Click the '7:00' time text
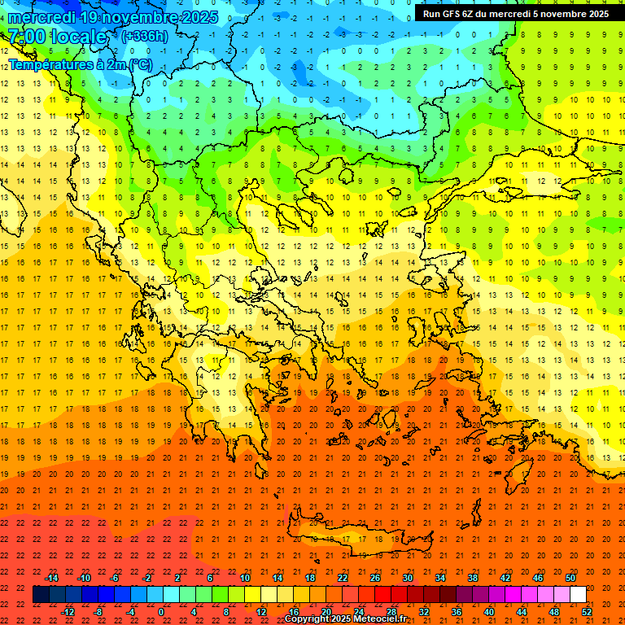tap(26, 37)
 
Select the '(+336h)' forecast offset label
tap(144, 37)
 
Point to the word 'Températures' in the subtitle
tap(46, 64)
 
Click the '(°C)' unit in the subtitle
tap(140, 64)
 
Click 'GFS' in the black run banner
tap(452, 14)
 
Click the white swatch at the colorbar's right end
tap(579, 595)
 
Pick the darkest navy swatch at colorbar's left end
tap(41, 595)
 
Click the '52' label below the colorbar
tap(588, 612)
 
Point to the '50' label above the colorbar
tap(570, 578)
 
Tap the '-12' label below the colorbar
tap(68, 612)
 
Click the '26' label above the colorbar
tap(375, 578)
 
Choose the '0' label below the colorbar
tap(161, 612)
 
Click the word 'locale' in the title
tap(78, 37)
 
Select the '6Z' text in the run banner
tap(468, 14)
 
